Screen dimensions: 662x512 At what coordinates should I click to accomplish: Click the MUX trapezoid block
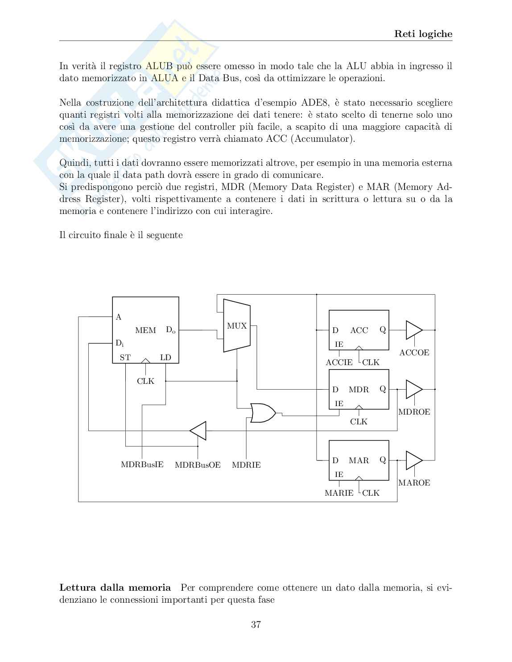point(236,326)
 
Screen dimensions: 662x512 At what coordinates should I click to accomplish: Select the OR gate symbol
point(262,413)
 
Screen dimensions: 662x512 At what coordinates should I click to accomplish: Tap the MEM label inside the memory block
point(145,330)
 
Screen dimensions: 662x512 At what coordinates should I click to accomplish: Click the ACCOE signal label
point(414,353)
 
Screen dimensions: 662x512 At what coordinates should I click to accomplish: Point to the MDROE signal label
point(414,412)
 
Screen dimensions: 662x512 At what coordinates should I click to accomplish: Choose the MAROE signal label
point(414,483)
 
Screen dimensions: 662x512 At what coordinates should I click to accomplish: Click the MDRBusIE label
point(142,465)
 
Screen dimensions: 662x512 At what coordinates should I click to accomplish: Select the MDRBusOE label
point(198,465)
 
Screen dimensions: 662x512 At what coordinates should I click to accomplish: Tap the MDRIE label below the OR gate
point(246,465)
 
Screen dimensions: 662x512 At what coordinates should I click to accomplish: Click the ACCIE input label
point(339,362)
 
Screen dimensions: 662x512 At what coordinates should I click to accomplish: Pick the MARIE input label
point(339,493)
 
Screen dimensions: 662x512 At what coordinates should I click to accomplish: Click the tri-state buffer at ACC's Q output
point(413,330)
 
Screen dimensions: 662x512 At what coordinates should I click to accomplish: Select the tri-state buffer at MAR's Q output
point(413,460)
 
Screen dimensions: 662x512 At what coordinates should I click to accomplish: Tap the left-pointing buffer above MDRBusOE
point(198,431)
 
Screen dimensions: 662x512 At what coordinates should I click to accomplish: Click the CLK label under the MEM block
point(145,381)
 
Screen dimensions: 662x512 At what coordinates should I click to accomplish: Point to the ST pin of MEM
point(125,358)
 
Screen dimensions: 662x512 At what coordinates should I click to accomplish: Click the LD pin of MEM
point(165,358)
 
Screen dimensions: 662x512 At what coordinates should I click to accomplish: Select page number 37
point(256,625)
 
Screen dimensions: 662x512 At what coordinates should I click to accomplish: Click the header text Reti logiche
point(423,34)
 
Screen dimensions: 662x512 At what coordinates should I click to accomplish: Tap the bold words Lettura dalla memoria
point(115,588)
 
